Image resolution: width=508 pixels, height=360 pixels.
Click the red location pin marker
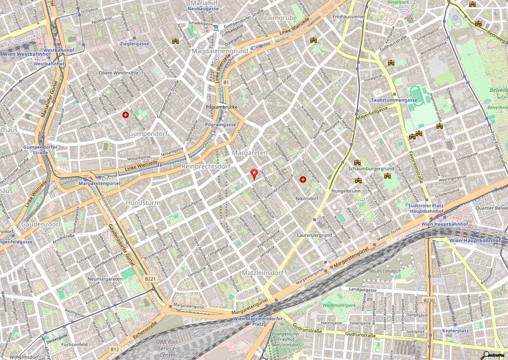point(254,174)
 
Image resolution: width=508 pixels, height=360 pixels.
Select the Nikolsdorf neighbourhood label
point(306,198)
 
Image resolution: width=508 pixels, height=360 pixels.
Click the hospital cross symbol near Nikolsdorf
point(303,179)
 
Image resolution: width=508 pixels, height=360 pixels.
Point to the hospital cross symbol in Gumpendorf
point(126,115)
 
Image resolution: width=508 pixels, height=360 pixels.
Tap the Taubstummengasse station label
point(394,100)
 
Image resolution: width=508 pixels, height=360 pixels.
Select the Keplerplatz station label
point(456,330)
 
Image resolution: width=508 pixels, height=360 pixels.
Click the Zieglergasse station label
point(134,44)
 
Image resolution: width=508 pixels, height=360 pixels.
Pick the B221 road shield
point(150,279)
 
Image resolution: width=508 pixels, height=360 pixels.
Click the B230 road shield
point(429,300)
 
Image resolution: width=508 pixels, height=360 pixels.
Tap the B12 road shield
point(115,349)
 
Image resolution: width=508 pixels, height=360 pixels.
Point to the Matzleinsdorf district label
point(262,273)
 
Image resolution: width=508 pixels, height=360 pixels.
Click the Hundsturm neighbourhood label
point(143,203)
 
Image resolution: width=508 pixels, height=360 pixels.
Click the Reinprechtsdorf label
point(206,166)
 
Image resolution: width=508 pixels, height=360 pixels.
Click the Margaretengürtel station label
point(99,183)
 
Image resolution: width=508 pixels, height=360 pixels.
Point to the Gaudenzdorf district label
point(41,224)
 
